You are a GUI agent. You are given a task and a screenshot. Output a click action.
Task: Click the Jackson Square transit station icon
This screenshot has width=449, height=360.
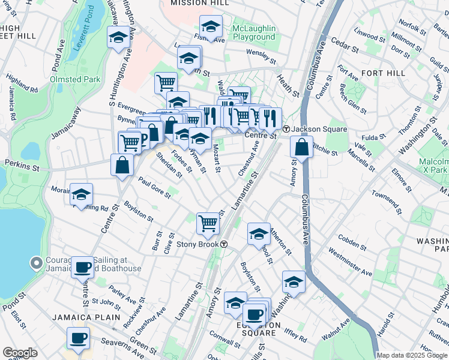click(287, 129)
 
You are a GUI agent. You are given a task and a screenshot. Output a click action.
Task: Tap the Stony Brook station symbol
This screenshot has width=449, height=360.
click(223, 244)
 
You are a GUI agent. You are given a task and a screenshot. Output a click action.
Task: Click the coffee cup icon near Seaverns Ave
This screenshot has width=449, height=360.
click(79, 339)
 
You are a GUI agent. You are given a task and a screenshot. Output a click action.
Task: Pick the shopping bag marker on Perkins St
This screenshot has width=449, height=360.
click(122, 166)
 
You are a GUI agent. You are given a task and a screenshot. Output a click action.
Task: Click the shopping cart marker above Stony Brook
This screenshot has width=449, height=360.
click(208, 224)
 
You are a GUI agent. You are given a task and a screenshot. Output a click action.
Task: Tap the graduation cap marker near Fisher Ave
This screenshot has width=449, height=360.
click(211, 27)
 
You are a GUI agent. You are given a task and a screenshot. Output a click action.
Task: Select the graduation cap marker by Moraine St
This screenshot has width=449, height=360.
click(81, 195)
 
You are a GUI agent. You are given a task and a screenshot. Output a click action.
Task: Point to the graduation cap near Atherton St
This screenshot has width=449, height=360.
click(259, 233)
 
